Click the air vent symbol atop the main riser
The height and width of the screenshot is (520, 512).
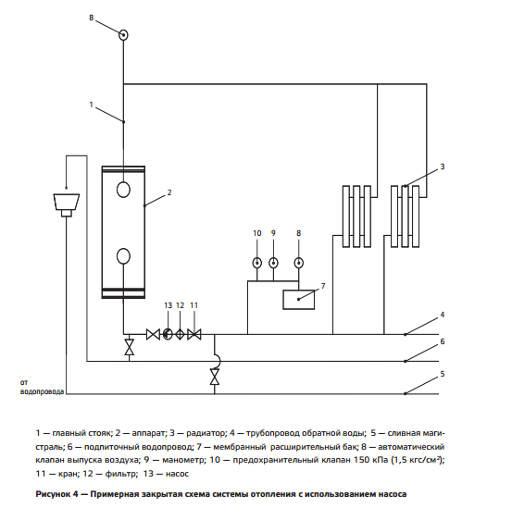[123, 35]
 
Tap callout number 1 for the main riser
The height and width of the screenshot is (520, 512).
[92, 105]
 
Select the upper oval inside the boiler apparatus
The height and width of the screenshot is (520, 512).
[123, 190]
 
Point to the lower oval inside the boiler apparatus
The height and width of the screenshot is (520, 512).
[123, 256]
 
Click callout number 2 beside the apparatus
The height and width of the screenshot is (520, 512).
[169, 192]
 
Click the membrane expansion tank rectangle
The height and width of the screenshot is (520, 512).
[299, 300]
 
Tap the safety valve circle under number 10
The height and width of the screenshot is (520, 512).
[257, 263]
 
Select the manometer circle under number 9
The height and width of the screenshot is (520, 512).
[273, 263]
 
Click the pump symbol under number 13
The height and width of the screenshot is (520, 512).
[168, 334]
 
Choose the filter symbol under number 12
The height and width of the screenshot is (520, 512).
[180, 334]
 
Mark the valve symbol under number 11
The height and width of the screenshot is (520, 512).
[194, 334]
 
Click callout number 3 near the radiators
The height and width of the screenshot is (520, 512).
[443, 167]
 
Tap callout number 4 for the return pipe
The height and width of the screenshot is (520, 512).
[443, 315]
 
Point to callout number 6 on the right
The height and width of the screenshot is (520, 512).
[443, 341]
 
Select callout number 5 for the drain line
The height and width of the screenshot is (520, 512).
[443, 374]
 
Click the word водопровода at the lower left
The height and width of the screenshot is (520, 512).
[43, 391]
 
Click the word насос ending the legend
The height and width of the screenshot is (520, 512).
[177, 474]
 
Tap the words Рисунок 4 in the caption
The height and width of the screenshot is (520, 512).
[56, 494]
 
